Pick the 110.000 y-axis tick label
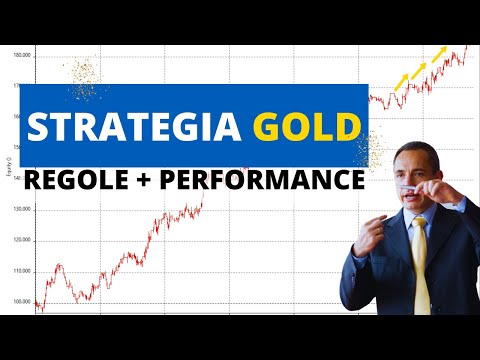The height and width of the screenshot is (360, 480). click(20, 271)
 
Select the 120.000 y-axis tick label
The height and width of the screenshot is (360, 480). click(20, 240)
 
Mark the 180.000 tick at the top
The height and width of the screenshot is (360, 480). click(20, 55)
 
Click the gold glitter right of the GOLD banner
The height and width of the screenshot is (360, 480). click(376, 150)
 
